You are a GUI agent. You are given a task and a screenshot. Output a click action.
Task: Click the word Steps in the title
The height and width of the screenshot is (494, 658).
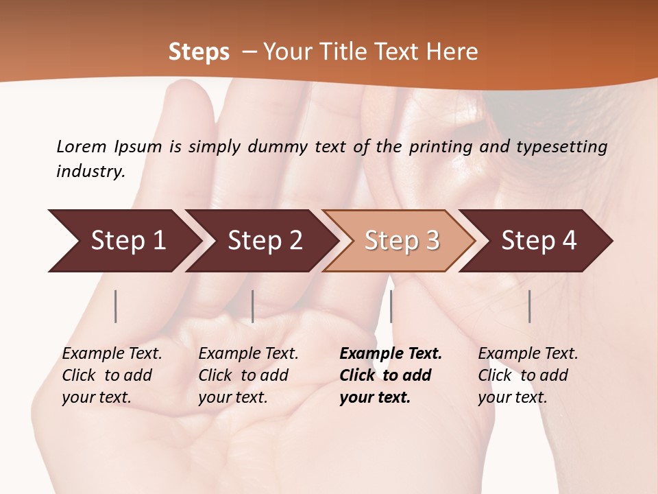pos(199,52)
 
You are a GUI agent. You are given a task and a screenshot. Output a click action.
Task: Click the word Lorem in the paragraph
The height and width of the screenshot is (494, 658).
pos(82,146)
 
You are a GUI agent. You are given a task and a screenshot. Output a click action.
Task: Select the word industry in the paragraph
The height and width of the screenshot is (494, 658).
pos(90,172)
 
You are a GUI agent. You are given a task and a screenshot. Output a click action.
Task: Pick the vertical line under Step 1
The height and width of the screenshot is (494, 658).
pos(116,306)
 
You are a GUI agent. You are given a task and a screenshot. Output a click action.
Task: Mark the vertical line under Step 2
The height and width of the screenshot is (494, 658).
pos(253,306)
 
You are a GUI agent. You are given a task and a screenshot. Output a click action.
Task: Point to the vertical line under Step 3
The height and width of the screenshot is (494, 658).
pos(391,306)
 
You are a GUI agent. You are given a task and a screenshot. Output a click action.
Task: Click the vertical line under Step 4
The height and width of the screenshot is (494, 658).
pos(530,306)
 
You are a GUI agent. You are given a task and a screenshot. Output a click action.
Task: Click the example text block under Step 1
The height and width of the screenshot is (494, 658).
pos(112,375)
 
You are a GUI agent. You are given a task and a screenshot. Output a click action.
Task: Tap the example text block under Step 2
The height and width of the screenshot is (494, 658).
pos(248,375)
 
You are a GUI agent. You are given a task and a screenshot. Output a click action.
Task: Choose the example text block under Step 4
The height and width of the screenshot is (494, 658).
pos(528,375)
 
